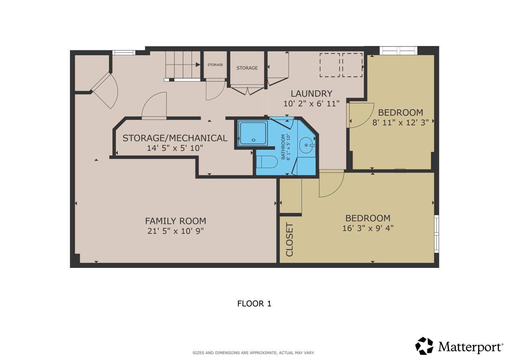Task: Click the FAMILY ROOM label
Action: click(175, 221)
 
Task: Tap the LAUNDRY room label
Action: click(311, 94)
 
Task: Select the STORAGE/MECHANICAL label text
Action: click(175, 138)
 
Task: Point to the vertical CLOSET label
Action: click(290, 240)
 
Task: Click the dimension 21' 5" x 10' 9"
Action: click(175, 231)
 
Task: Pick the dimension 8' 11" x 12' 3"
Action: click(400, 123)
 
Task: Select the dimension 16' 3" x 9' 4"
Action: click(368, 228)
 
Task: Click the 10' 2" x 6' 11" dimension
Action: click(311, 104)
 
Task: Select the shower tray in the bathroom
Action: click(253, 133)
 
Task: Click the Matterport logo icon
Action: click(424, 346)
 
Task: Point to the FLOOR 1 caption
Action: click(254, 304)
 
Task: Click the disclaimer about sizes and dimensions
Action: click(253, 353)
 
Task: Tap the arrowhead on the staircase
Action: click(198, 65)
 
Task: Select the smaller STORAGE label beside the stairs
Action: click(215, 65)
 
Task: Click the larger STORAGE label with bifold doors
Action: click(247, 68)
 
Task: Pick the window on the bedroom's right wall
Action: click(437, 234)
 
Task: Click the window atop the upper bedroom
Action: click(399, 51)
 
